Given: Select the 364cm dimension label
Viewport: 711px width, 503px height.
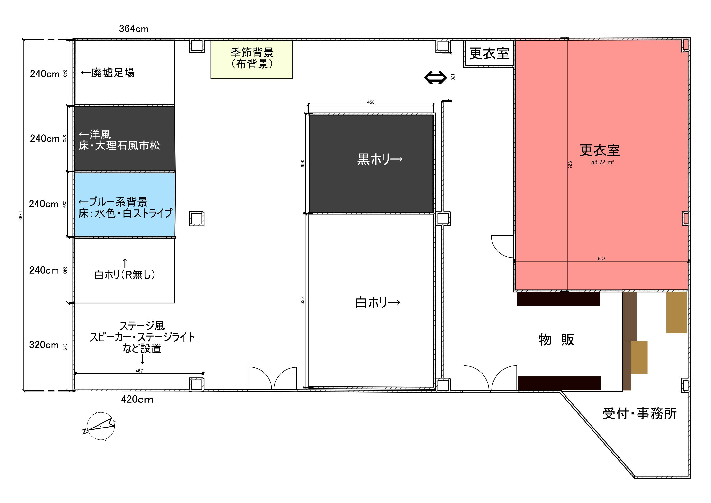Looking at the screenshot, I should pyautogui.click(x=134, y=29).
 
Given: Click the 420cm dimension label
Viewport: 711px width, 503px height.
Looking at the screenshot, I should pyautogui.click(x=137, y=399).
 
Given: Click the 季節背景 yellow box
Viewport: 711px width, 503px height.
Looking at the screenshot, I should pyautogui.click(x=251, y=59).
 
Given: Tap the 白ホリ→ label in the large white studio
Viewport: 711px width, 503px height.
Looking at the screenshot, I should pyautogui.click(x=377, y=302).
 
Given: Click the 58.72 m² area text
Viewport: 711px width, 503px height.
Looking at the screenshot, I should pyautogui.click(x=602, y=162).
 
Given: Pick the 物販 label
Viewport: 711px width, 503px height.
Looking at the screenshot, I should pyautogui.click(x=556, y=340).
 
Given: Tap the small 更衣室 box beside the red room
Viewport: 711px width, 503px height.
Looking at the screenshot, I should pyautogui.click(x=489, y=54).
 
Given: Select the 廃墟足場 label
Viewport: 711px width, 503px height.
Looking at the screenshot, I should pyautogui.click(x=108, y=73).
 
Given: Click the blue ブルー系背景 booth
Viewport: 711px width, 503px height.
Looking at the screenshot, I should pyautogui.click(x=125, y=205).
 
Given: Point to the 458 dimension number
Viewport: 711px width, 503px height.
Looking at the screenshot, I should pyautogui.click(x=371, y=102).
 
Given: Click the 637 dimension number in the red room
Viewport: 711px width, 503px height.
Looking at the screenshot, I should pyautogui.click(x=601, y=259).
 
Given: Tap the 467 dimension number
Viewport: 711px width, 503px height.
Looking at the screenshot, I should pyautogui.click(x=139, y=371).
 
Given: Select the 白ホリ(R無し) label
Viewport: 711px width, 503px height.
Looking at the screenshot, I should pyautogui.click(x=125, y=275).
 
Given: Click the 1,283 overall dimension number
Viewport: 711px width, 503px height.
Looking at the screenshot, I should pyautogui.click(x=20, y=215).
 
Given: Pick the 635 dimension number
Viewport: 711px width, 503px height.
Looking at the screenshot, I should pyautogui.click(x=302, y=301).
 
